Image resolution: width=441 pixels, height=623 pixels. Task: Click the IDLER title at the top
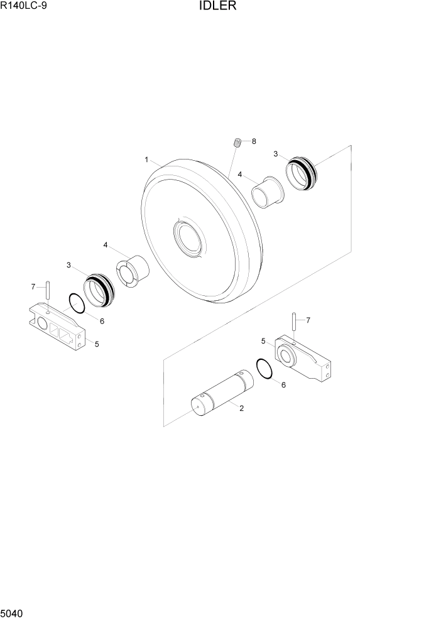click(x=220, y=7)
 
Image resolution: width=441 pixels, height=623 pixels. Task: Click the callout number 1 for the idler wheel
click(x=146, y=160)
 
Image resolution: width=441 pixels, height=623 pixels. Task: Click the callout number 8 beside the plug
click(x=254, y=142)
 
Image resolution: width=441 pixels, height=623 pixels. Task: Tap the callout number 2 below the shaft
click(x=242, y=408)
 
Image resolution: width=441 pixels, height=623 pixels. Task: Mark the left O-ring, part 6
click(x=76, y=304)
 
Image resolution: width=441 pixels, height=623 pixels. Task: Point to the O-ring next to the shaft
click(x=264, y=369)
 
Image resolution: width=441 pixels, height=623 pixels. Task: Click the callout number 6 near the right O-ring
click(x=283, y=385)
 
